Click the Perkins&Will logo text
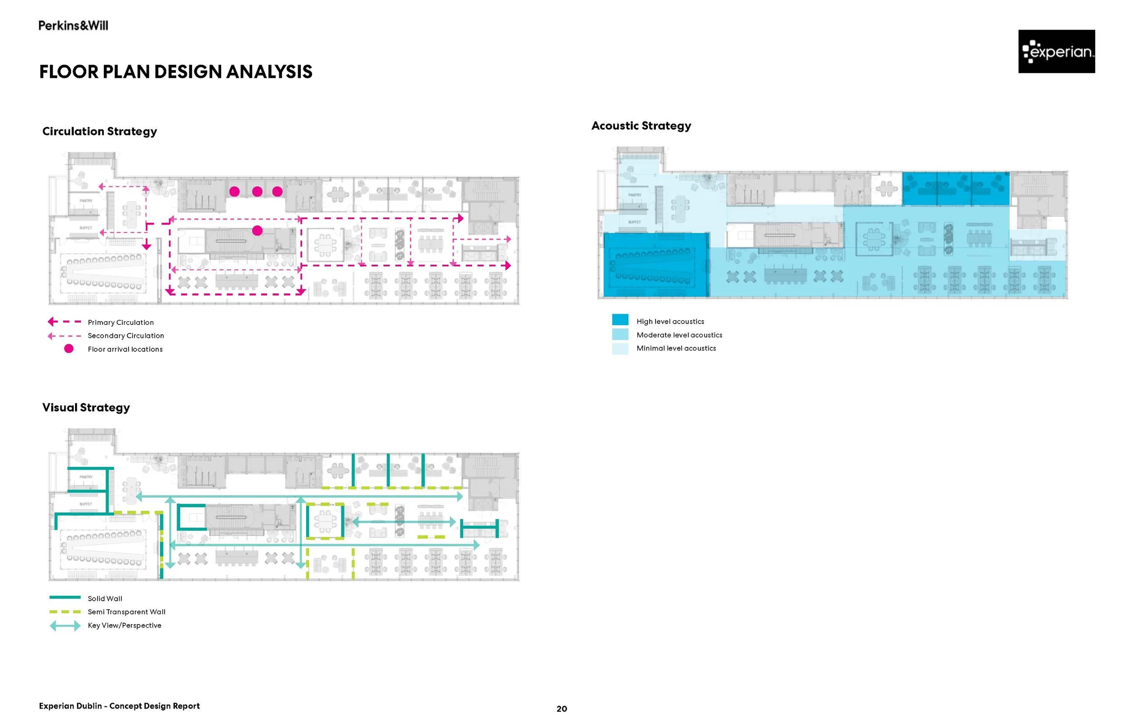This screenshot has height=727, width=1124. [73, 26]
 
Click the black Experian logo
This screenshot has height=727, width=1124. [1056, 52]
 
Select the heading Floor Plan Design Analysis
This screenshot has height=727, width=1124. [175, 72]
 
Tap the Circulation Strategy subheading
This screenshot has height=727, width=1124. [99, 131]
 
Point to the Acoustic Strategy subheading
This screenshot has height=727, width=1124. [641, 125]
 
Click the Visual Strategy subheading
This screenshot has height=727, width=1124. [86, 408]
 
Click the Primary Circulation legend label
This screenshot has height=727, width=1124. [120, 323]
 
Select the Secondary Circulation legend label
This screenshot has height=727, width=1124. [125, 336]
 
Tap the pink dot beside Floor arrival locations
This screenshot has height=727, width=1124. [69, 349]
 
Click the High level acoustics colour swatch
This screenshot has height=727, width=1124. [620, 320]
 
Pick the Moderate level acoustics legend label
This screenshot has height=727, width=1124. [679, 335]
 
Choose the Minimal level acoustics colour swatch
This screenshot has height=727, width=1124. [620, 349]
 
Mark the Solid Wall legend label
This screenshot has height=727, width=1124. [105, 598]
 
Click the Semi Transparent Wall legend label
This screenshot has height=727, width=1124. [127, 612]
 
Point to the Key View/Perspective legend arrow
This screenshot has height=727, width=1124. [65, 626]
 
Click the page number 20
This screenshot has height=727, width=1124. [562, 709]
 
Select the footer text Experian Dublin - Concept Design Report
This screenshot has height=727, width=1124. [119, 706]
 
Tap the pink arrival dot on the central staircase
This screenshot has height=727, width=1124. [257, 231]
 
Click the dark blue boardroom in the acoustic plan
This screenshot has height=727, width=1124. [656, 265]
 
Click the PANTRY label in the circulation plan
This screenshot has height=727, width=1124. [86, 201]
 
